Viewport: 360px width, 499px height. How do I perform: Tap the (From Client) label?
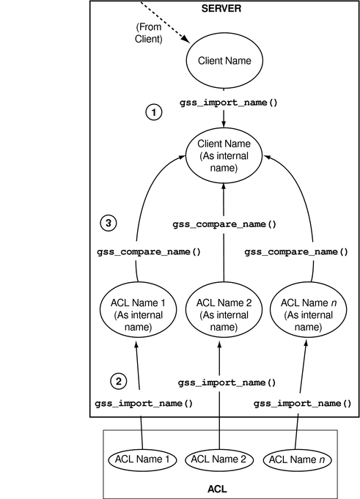coord(149,33)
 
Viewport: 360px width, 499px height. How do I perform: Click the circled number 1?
coord(153,113)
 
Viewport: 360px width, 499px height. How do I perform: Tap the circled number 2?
coord(118,380)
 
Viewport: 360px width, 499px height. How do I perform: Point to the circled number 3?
coord(108,223)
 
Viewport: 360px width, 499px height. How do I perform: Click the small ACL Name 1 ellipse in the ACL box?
coord(142,459)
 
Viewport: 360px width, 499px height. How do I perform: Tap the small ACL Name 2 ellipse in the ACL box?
coord(220,459)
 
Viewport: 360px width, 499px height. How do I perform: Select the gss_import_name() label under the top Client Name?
coord(229,103)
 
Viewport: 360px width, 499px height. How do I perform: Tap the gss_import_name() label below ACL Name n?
coord(302,403)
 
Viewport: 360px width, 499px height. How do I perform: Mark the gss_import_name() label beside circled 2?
coord(144,403)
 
